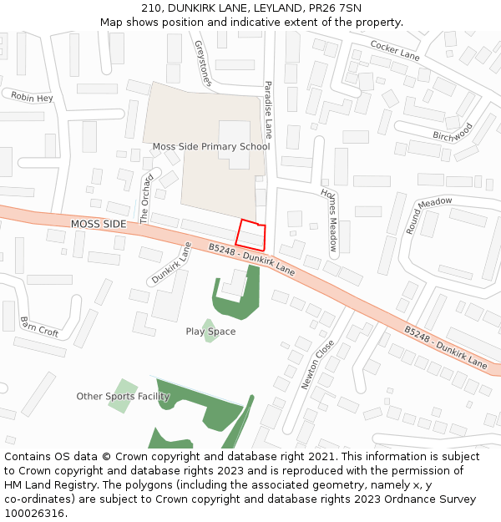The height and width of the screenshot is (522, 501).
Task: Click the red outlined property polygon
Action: pyautogui.click(x=252, y=235)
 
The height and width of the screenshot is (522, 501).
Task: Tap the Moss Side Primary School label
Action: pyautogui.click(x=210, y=147)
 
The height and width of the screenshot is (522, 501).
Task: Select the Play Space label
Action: pyautogui.click(x=210, y=332)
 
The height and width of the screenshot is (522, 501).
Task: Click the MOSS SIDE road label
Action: pyautogui.click(x=99, y=224)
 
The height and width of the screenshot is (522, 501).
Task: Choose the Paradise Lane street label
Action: pyautogui.click(x=269, y=109)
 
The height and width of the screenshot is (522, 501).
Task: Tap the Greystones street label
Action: pyautogui.click(x=203, y=63)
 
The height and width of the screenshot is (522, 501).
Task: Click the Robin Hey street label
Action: pyautogui.click(x=32, y=98)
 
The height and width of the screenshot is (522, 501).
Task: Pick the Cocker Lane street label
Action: pyautogui.click(x=395, y=50)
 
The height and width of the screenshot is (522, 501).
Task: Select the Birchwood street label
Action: pyautogui.click(x=453, y=131)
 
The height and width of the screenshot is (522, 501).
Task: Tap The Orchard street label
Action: pyautogui.click(x=145, y=199)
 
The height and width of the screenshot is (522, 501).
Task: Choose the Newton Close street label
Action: pyautogui.click(x=317, y=364)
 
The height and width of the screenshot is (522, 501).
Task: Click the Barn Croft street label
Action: pyautogui.click(x=39, y=327)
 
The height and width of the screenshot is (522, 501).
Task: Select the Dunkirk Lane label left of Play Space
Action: pyautogui.click(x=171, y=261)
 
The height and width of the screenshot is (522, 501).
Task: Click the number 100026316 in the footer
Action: pyautogui.click(x=33, y=514)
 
